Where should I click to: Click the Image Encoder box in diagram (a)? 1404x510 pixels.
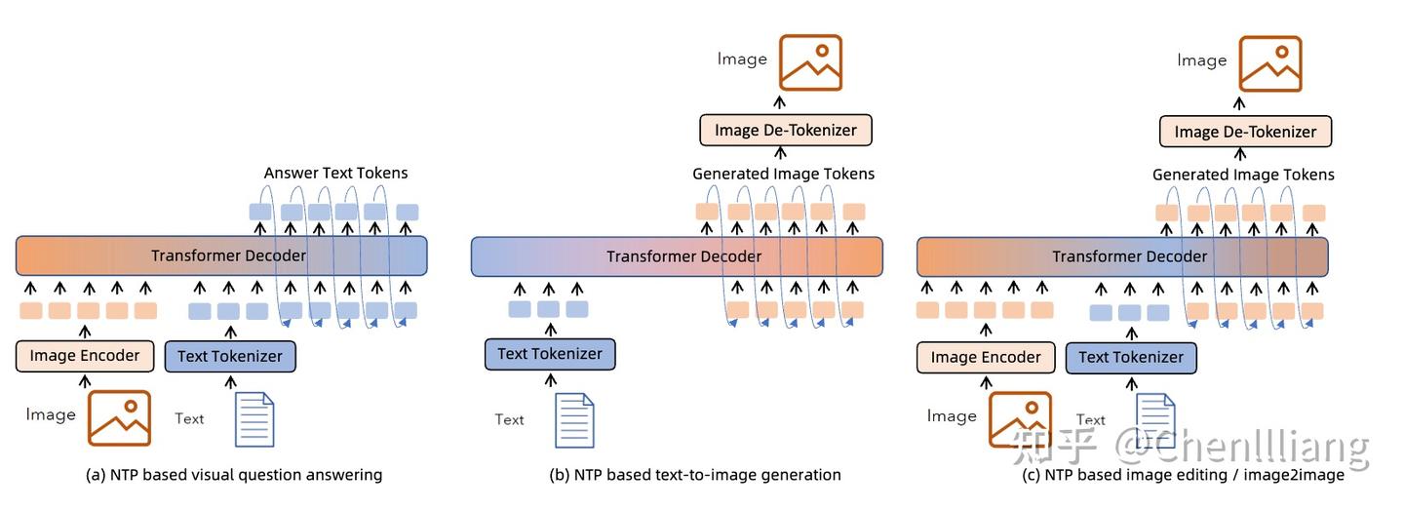[85, 356]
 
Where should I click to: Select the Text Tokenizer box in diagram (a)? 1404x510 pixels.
[230, 356]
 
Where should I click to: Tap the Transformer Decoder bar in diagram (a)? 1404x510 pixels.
[222, 255]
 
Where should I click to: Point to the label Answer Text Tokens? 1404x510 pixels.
[335, 173]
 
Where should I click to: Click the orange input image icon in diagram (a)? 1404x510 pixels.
[119, 418]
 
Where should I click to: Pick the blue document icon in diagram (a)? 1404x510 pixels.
[254, 419]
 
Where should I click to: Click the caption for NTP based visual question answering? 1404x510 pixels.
[234, 475]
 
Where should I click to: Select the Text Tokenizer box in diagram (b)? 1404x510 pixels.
[550, 354]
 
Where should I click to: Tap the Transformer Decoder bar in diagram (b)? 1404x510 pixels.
[677, 256]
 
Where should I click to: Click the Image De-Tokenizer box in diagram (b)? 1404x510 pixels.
[785, 130]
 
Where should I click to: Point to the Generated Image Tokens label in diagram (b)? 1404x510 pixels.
[783, 174]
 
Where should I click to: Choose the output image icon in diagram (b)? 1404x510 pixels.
[810, 63]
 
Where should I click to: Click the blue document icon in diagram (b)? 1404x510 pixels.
[574, 419]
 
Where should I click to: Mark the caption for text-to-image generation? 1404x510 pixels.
[694, 475]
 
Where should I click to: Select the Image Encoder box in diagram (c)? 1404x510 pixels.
[986, 357]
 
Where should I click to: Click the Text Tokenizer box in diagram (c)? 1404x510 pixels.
[1131, 357]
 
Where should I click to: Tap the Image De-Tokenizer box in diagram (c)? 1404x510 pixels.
[1245, 132]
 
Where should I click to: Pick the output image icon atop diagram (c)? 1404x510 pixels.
[1270, 64]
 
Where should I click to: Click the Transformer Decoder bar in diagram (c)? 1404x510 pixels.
[1122, 256]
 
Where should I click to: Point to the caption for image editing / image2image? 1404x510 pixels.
[1183, 475]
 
